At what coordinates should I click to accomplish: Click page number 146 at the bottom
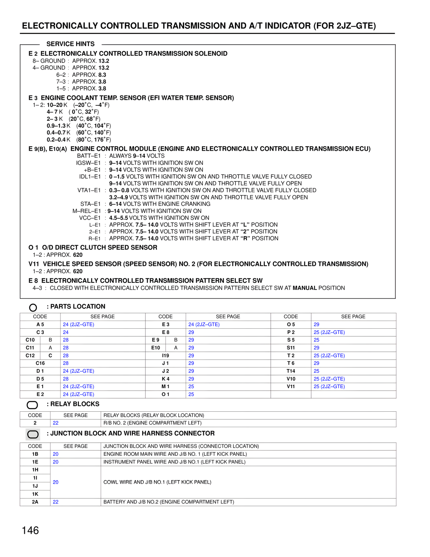30,530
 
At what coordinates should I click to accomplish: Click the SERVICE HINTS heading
71,44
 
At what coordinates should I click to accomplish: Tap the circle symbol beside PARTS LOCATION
33,307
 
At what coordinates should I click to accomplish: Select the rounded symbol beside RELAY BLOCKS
32,405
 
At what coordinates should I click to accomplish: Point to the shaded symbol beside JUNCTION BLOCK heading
33,435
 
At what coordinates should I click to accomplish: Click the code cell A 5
40,325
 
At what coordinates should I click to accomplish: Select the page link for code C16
66,363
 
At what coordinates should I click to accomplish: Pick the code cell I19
166,356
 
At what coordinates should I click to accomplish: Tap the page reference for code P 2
329,332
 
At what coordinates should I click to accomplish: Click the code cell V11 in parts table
291,386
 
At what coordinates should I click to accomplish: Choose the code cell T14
291,371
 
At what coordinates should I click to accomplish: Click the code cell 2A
35,502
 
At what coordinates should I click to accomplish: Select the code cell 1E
35,462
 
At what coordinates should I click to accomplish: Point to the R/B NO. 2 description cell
153,423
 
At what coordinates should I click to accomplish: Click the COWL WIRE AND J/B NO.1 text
157,482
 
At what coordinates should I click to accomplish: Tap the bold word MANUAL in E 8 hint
305,288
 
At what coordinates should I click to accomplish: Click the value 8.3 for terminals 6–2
102,75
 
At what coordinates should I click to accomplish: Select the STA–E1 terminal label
90,204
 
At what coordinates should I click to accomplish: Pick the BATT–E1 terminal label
89,156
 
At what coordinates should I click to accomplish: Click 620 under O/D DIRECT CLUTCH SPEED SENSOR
78,255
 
